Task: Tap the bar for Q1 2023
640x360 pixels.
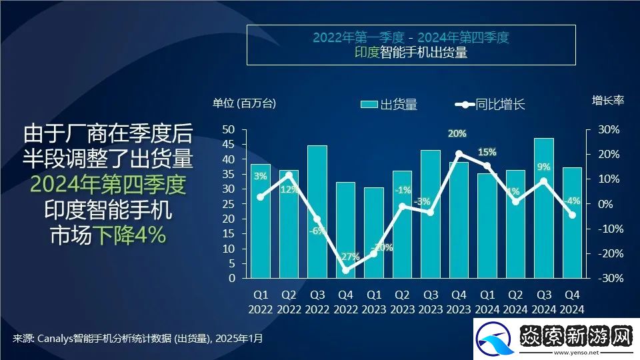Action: [374, 233]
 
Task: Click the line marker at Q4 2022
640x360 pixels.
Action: [345, 270]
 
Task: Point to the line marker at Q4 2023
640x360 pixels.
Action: [459, 154]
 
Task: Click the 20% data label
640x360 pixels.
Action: [457, 134]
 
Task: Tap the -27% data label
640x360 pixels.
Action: [348, 257]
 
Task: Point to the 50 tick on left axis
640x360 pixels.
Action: [228, 129]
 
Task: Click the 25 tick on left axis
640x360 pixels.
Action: [228, 204]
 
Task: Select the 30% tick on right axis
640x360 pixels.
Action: [607, 129]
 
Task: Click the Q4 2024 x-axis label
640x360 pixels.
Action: [572, 301]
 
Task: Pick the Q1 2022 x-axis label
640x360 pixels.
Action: [261, 301]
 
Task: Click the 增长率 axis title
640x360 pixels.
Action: [608, 101]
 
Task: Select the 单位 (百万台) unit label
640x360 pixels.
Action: [244, 103]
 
